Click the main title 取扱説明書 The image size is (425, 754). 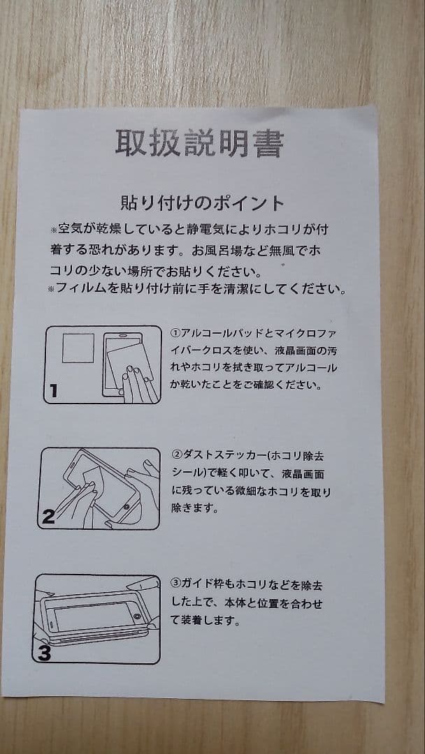[x=199, y=143]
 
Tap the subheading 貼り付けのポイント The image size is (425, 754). [x=202, y=203]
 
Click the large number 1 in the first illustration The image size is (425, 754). [x=53, y=390]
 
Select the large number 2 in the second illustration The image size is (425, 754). [x=48, y=516]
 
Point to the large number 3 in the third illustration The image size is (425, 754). [x=44, y=653]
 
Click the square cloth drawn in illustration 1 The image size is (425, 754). [x=78, y=348]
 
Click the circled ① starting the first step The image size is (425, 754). [x=175, y=333]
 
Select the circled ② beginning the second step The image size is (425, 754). [x=176, y=454]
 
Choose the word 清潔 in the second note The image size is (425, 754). [x=236, y=289]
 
